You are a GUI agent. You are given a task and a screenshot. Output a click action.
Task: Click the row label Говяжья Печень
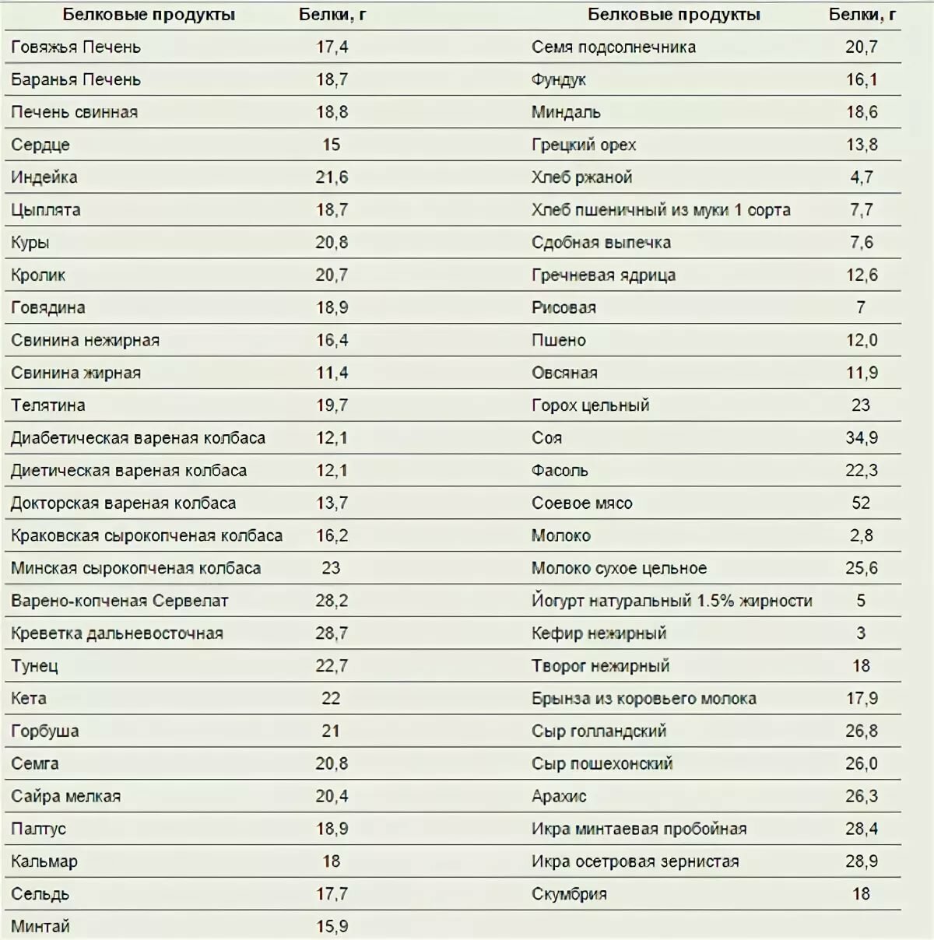75,47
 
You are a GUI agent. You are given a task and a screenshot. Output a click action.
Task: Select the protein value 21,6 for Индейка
332,177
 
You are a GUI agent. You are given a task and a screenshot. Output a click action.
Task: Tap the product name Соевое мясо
581,503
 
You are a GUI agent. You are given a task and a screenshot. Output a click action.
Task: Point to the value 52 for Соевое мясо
861,503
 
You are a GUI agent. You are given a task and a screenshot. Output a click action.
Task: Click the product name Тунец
34,666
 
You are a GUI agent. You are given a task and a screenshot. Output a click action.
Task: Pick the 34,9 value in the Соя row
862,438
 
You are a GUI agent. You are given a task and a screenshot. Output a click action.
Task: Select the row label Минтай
40,927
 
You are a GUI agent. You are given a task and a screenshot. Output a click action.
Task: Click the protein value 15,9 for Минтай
332,927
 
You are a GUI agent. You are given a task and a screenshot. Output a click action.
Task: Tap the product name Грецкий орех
584,145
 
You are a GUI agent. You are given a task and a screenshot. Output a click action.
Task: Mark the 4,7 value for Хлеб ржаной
862,177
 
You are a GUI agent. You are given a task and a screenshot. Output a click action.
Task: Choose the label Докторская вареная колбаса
123,503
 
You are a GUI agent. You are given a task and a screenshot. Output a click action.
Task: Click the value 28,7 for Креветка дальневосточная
332,633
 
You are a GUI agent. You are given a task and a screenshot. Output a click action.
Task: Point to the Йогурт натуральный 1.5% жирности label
672,601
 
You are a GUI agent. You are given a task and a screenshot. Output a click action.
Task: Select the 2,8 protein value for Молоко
862,536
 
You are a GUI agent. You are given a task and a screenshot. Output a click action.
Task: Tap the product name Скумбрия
569,894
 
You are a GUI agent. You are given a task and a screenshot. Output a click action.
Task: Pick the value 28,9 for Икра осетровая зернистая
862,861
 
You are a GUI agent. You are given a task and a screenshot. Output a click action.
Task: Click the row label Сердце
40,145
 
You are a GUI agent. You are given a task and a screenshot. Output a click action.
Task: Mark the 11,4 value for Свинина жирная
332,373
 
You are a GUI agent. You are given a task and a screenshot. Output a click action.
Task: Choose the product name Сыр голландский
599,731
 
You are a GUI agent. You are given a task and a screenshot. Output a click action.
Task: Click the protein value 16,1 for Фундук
862,79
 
